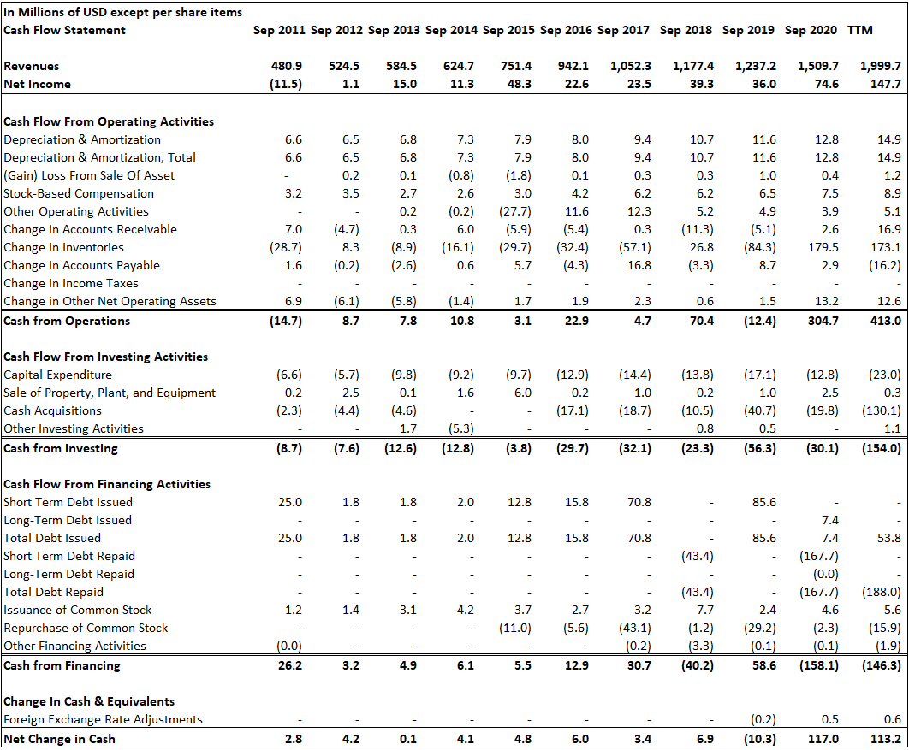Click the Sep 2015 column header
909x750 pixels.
[x=508, y=30]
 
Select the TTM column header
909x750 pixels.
[x=859, y=30]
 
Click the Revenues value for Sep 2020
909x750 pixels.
[x=817, y=66]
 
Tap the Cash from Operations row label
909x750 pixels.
[x=67, y=321]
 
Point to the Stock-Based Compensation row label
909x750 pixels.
[x=74, y=193]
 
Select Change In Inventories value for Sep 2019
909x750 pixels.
[x=759, y=247]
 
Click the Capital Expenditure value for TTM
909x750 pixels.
[x=883, y=375]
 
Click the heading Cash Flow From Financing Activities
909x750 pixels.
[x=107, y=484]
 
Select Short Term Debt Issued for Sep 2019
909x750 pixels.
[x=762, y=502]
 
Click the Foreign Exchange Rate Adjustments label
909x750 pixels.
[x=103, y=719]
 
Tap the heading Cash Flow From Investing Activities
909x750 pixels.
[x=105, y=357]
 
